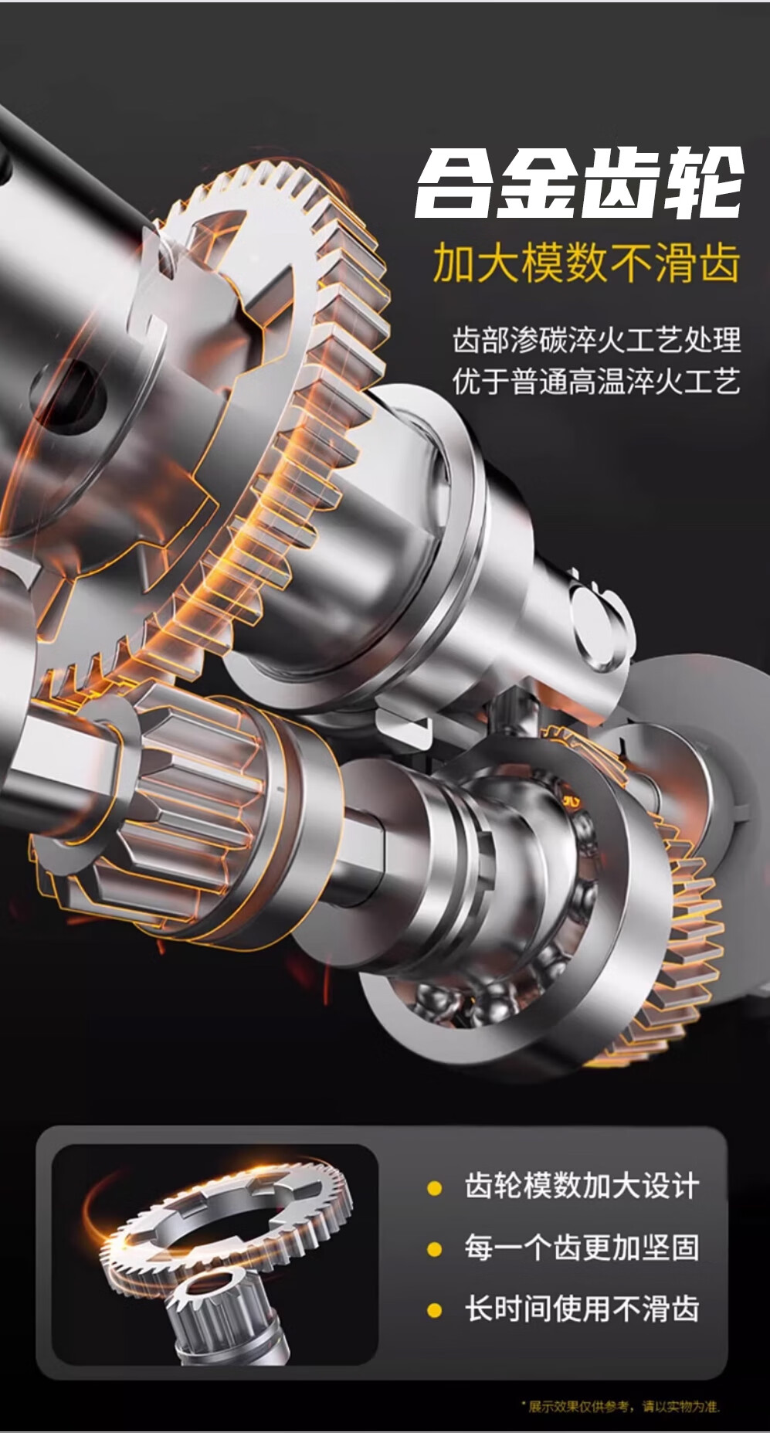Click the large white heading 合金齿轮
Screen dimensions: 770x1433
click(580, 182)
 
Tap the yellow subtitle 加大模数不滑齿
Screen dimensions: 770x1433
click(587, 263)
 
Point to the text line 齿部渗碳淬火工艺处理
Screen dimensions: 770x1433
click(596, 340)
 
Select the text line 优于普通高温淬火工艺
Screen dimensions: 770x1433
click(596, 382)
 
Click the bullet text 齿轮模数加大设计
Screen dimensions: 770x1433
click(582, 1186)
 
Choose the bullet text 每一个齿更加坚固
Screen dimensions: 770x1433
click(582, 1248)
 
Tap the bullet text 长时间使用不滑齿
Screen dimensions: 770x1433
click(582, 1309)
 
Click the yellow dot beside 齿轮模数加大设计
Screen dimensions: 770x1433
click(435, 1187)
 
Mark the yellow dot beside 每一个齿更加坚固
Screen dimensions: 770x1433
click(435, 1249)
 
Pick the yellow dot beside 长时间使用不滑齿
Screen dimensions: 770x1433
click(435, 1310)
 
